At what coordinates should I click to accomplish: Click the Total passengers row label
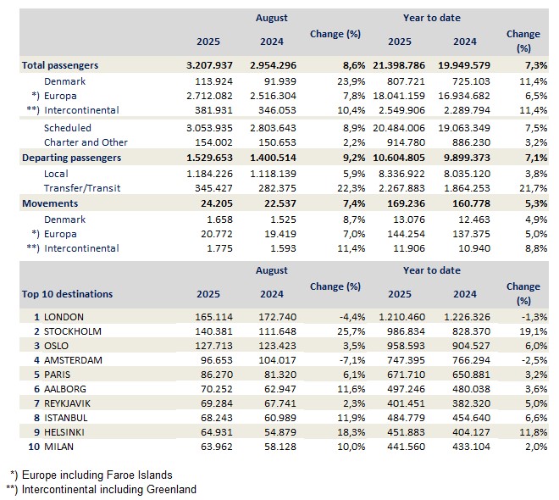[60, 65]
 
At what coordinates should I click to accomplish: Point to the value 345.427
[208, 188]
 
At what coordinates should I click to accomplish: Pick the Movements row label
[50, 203]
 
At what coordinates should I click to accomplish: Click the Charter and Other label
[86, 142]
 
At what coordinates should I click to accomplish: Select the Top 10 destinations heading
[67, 294]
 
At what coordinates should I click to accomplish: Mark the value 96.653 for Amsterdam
[213, 361]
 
